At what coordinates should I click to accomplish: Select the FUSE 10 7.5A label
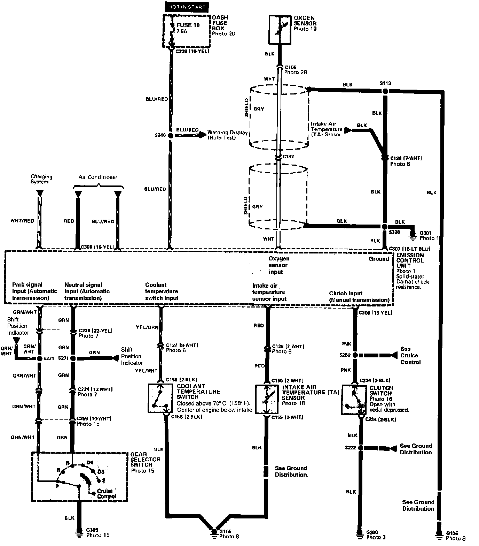click(189, 28)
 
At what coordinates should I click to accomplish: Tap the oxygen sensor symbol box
click(280, 30)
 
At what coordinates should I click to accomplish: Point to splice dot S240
click(170, 135)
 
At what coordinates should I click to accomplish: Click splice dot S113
click(385, 91)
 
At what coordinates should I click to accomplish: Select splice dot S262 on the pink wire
click(355, 355)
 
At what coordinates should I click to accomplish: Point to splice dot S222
click(360, 448)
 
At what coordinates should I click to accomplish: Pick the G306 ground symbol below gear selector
click(80, 531)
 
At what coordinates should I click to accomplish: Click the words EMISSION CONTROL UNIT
click(410, 260)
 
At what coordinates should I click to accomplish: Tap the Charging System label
click(41, 179)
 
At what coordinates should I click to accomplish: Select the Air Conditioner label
click(98, 177)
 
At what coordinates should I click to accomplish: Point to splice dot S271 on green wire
click(73, 358)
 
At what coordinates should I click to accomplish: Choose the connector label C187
click(288, 157)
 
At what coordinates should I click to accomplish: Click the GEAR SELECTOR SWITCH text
click(146, 460)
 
